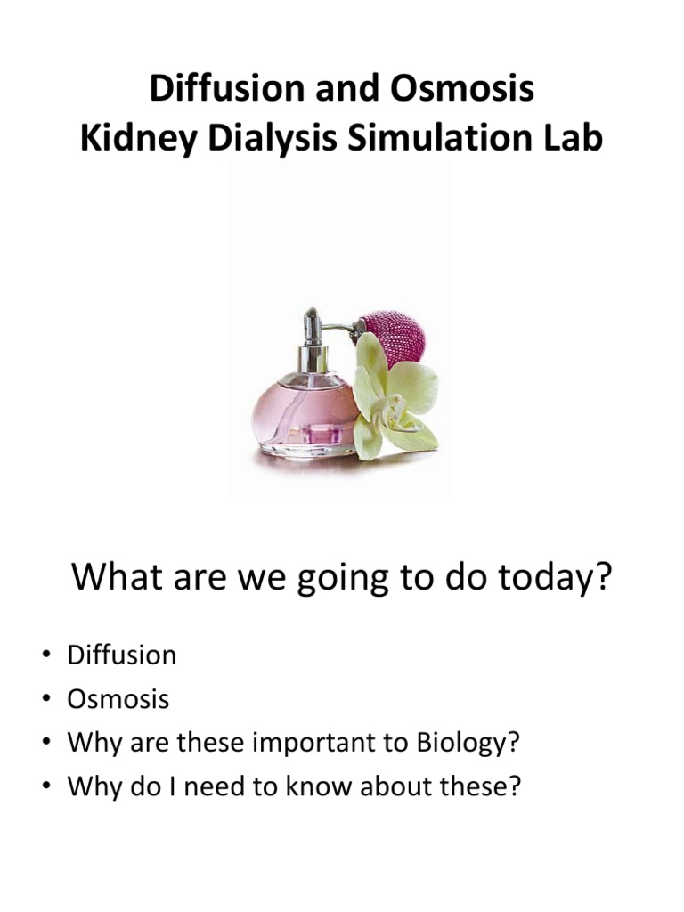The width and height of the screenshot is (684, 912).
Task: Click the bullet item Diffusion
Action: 121,655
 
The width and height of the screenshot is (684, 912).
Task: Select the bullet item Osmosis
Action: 118,699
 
